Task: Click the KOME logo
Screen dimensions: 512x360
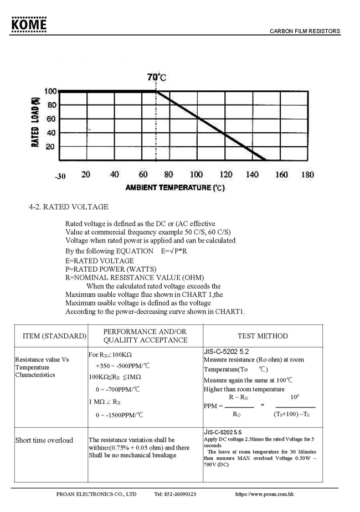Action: click(x=28, y=24)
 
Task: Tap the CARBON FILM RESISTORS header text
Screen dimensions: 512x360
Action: click(x=305, y=32)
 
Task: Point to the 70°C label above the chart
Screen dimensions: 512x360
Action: click(x=157, y=77)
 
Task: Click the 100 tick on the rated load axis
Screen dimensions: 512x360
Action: click(x=50, y=91)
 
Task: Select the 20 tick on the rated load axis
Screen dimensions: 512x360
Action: click(x=50, y=147)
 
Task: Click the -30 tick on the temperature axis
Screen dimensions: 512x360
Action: click(x=60, y=176)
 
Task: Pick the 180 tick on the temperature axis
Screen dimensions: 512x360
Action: click(x=308, y=175)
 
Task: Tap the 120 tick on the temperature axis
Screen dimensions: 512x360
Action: click(x=225, y=175)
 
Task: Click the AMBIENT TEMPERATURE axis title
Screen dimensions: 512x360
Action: click(x=175, y=188)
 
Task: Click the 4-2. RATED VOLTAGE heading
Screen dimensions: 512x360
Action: click(x=69, y=207)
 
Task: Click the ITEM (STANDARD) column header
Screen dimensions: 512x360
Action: click(x=54, y=336)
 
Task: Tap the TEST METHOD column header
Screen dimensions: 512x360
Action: click(x=263, y=336)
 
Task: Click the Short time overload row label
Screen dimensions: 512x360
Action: click(x=44, y=440)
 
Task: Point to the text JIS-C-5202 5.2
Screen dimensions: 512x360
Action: click(x=227, y=351)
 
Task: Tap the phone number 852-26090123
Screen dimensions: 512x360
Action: click(x=176, y=494)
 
